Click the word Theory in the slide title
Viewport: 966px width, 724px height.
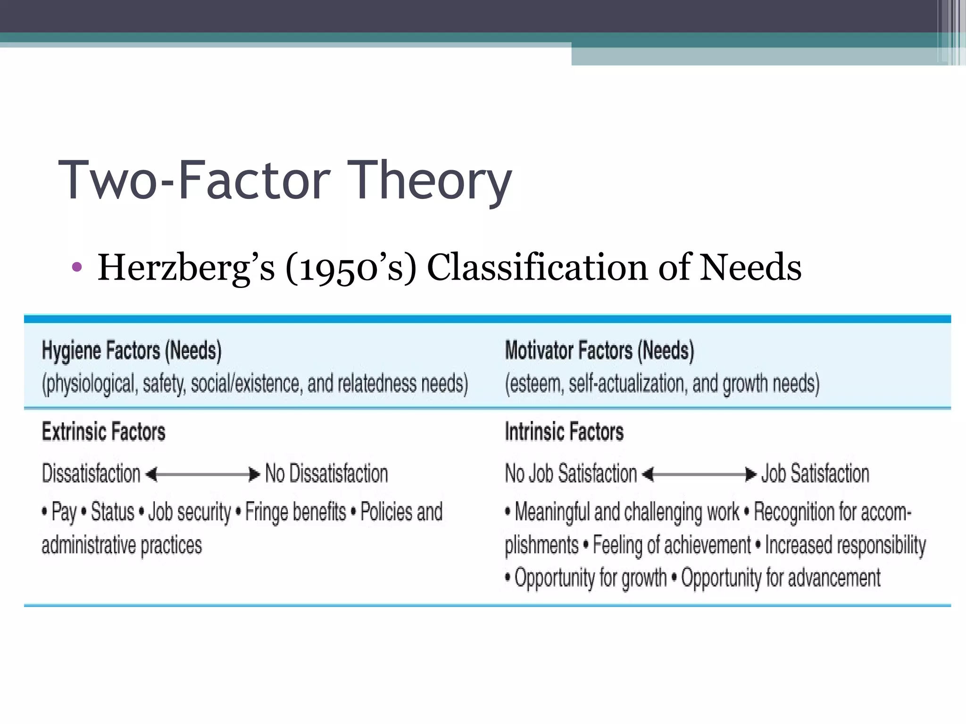[431, 181]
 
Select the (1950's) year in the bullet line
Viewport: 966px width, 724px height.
[351, 267]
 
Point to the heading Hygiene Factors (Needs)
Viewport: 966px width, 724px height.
[132, 351]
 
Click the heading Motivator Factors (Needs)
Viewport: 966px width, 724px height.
[600, 351]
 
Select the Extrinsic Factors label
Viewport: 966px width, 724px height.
[104, 432]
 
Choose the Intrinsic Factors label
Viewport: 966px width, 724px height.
[564, 432]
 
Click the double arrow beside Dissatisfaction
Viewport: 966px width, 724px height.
[203, 474]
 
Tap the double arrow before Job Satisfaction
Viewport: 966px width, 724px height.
[699, 474]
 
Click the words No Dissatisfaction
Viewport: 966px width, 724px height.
[326, 474]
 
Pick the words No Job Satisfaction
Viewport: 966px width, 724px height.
[571, 474]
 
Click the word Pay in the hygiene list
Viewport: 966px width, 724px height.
[64, 512]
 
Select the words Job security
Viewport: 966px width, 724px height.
[190, 512]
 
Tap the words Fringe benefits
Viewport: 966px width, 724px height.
[296, 512]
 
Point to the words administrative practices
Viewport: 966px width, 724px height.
[122, 545]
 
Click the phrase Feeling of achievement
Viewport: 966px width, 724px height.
[672, 545]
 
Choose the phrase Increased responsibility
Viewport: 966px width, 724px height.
[845, 545]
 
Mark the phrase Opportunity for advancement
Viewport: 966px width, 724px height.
[781, 578]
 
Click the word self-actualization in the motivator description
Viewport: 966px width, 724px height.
[626, 384]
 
